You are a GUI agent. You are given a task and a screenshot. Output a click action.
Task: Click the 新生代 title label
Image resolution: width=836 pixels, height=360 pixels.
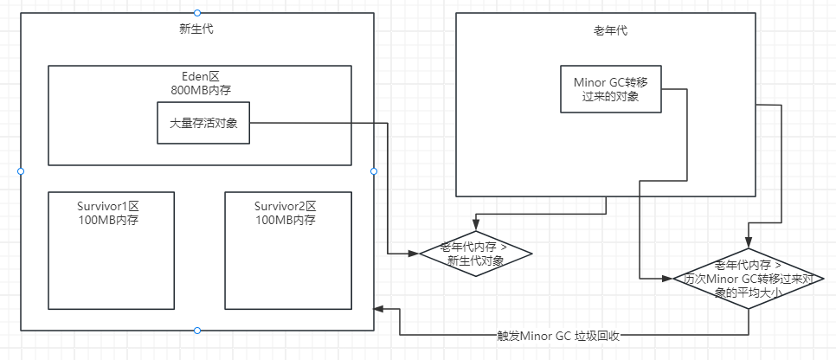click(196, 29)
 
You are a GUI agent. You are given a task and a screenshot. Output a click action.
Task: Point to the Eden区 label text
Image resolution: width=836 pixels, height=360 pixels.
click(200, 75)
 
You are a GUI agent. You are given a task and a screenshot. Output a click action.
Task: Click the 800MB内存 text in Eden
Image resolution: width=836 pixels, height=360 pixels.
click(200, 88)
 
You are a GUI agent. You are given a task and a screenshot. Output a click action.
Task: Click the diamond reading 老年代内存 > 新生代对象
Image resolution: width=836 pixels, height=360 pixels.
click(474, 254)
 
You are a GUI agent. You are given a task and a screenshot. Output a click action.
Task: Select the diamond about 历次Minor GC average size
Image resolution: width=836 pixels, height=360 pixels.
click(749, 279)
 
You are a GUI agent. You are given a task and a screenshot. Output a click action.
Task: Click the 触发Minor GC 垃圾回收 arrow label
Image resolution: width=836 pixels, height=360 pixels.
click(559, 335)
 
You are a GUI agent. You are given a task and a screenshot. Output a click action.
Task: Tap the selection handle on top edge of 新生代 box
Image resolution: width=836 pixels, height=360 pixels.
click(197, 13)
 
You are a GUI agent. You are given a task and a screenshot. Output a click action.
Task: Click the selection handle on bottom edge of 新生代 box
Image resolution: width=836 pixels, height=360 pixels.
click(197, 331)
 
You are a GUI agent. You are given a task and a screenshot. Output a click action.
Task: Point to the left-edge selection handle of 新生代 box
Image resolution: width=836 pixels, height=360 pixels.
click(20, 171)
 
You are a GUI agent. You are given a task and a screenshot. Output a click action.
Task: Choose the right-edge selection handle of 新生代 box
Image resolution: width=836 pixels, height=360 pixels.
click(374, 171)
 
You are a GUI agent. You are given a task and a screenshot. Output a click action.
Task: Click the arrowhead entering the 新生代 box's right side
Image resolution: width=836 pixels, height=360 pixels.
click(379, 309)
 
